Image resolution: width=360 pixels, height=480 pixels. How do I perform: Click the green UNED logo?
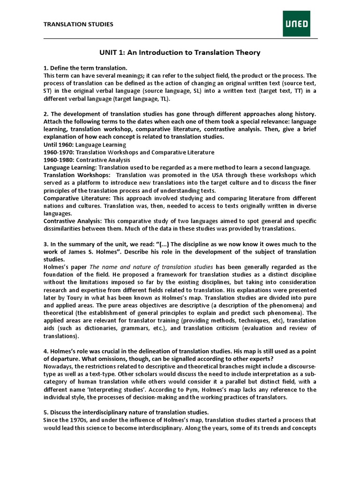pos(296,23)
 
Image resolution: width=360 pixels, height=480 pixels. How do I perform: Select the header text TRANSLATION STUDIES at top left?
pos(78,24)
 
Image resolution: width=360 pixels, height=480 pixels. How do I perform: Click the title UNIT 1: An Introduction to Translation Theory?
pos(180,52)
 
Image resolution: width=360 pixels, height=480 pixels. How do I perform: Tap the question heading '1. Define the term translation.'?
pos(85,68)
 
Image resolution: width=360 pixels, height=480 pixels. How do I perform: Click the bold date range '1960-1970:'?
pos(59,152)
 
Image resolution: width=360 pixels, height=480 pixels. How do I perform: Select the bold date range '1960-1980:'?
pos(59,160)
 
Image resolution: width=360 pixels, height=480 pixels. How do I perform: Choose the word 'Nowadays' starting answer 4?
pos(59,366)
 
